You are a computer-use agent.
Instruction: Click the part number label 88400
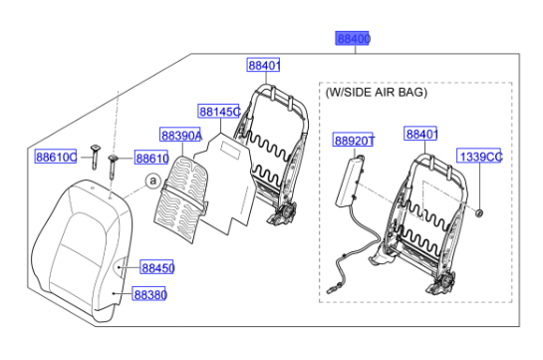[x=353, y=39]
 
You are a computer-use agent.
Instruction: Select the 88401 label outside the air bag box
[x=264, y=66]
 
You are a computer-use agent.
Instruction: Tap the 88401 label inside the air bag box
[x=422, y=133]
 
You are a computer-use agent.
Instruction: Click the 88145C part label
[x=218, y=112]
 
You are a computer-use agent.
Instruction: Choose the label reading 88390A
[x=181, y=135]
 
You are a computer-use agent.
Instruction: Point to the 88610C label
[x=56, y=158]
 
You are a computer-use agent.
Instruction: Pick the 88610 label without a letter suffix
[x=151, y=158]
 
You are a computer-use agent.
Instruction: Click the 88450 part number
[x=156, y=267]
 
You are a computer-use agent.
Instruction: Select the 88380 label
[x=150, y=295]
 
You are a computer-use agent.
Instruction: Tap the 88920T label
[x=354, y=141]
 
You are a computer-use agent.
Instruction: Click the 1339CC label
[x=480, y=157]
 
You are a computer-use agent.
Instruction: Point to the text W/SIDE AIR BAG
[x=376, y=92]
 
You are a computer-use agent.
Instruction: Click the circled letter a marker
[x=151, y=180]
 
